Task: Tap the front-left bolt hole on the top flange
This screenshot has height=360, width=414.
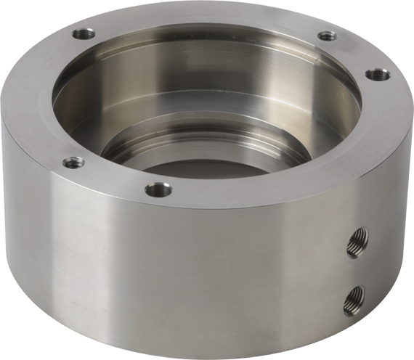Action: point(71,163)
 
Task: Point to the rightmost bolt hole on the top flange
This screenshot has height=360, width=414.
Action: point(373,73)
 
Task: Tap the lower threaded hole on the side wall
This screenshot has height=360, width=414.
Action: point(354,296)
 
